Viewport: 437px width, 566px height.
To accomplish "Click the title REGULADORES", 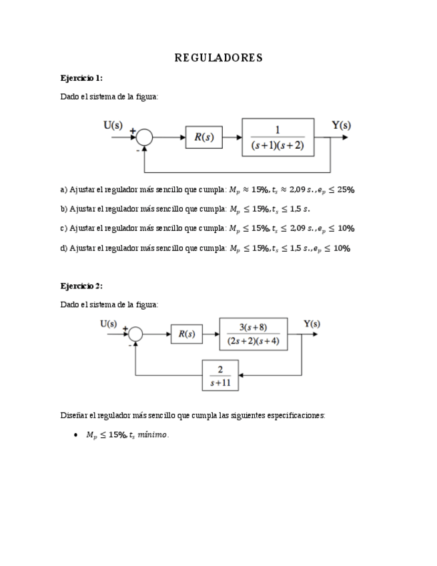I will coord(218,58).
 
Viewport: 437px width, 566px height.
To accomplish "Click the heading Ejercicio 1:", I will coord(81,78).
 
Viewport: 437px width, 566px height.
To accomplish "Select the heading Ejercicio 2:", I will coord(81,286).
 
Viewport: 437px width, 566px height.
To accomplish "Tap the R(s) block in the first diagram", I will coord(203,137).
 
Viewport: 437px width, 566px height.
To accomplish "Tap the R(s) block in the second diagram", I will coord(187,334).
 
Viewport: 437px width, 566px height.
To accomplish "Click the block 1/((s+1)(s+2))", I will coord(278,137).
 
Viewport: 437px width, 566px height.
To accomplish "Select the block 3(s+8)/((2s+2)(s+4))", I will coord(253,334).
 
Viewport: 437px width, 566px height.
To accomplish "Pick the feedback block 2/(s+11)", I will coord(220,376).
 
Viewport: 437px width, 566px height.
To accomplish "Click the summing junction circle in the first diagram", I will coord(144,137).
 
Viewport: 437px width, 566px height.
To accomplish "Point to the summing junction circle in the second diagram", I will coord(135,334).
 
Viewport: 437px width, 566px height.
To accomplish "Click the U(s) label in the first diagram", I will coord(113,124).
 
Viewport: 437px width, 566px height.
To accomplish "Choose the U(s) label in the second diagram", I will coord(108,324).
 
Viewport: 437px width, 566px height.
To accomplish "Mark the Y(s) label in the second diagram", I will coord(312,324).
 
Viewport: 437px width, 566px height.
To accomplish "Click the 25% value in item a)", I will coord(346,190).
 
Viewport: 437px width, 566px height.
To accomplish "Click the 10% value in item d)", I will coord(342,248).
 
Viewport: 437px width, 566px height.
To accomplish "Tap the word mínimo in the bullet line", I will coord(153,435).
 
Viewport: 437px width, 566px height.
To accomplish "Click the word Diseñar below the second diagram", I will coord(73,415).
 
